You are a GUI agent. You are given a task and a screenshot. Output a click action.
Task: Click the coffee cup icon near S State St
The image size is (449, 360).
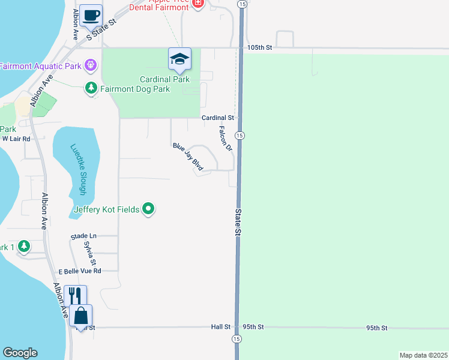tap(91, 16)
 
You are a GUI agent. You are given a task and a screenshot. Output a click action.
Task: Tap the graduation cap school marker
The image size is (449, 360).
tap(179, 59)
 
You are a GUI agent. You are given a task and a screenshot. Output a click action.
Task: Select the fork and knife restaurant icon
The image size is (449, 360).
tap(75, 296)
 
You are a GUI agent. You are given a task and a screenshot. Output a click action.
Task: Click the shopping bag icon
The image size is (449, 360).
tap(81, 316)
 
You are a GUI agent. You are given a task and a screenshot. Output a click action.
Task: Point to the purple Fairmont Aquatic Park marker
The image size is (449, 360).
tap(91, 64)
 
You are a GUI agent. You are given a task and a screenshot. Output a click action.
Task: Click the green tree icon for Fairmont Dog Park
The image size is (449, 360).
tap(91, 89)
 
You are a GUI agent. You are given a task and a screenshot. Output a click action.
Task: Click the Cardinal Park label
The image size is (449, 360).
tap(164, 79)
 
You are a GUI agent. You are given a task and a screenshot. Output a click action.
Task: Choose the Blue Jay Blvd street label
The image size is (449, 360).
tap(188, 157)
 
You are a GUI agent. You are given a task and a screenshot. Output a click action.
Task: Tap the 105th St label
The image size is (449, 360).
tap(259, 47)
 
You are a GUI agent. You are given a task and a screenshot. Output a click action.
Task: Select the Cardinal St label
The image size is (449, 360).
tap(217, 118)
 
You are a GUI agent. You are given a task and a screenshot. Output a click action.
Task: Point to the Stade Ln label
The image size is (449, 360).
tap(83, 236)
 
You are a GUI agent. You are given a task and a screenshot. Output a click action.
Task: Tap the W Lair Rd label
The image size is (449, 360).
tap(16, 138)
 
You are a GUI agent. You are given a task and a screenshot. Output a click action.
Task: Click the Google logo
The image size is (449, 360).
tap(20, 353)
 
